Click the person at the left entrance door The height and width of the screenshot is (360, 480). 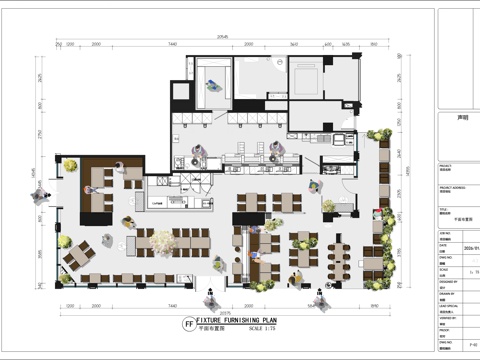(x=41, y=195)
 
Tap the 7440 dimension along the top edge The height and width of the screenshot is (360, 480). (x=173, y=45)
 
